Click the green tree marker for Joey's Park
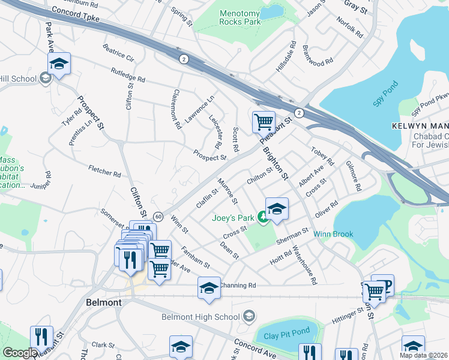click(x=262, y=217)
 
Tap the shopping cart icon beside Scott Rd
click(x=264, y=122)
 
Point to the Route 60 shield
click(x=158, y=216)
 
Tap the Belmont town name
click(x=104, y=302)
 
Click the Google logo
click(x=20, y=353)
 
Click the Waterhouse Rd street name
click(x=304, y=267)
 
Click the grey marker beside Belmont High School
click(x=249, y=316)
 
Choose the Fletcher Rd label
click(x=104, y=172)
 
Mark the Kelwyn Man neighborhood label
click(x=420, y=126)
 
